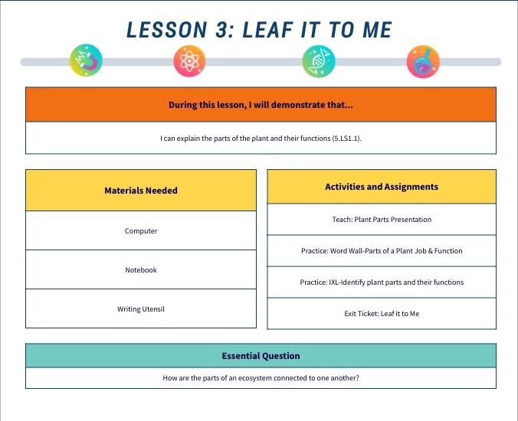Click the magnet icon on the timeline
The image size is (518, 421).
click(x=86, y=61)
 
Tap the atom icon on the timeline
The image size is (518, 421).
click(x=189, y=61)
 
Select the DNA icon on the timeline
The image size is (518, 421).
click(x=318, y=61)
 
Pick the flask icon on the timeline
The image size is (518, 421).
click(x=423, y=61)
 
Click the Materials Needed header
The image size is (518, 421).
click(x=141, y=191)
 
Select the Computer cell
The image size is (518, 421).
click(x=141, y=230)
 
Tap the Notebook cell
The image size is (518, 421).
click(x=141, y=269)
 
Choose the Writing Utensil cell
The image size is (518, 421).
click(x=141, y=309)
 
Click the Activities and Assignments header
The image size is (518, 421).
click(x=382, y=187)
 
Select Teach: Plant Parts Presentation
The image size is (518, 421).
click(x=382, y=220)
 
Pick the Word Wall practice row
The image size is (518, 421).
click(x=382, y=251)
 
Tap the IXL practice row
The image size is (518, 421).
click(x=382, y=282)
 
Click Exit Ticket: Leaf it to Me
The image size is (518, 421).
click(x=382, y=314)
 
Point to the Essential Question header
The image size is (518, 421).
click(x=261, y=356)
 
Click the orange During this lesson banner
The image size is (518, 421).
click(x=261, y=105)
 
